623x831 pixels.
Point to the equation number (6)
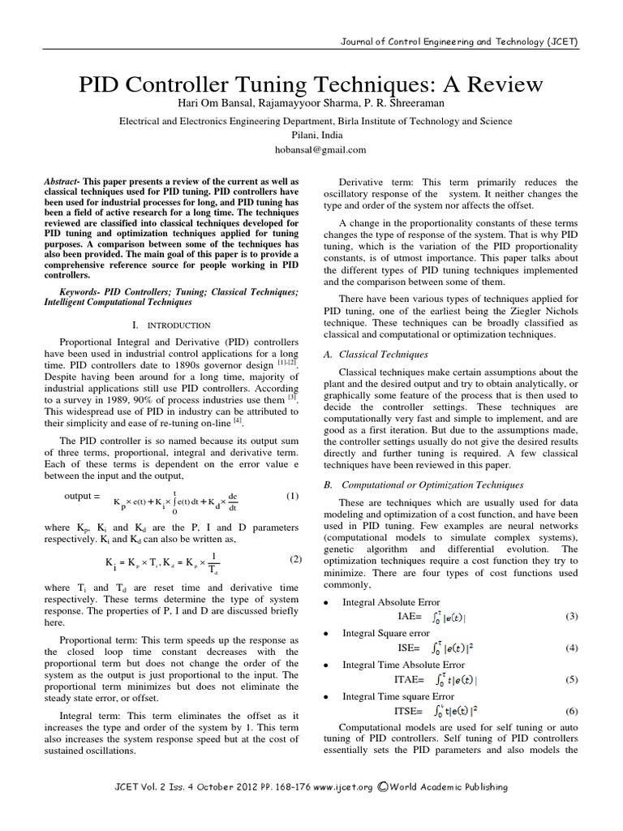click(571, 710)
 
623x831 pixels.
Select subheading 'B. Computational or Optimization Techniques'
click(423, 485)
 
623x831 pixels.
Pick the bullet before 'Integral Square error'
click(325, 633)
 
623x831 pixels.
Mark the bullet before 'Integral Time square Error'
click(325, 696)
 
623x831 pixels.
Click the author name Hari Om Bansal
click(241, 102)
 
